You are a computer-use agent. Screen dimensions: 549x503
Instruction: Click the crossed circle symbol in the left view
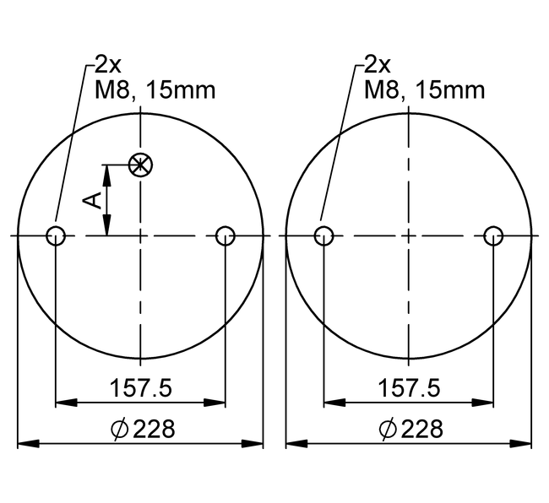[140, 165]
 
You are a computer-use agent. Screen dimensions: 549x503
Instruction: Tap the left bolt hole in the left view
[56, 236]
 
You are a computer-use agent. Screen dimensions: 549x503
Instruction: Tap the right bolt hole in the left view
[226, 236]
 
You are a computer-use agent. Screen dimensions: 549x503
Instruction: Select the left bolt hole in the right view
[323, 236]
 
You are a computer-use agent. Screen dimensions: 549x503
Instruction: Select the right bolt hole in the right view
[493, 236]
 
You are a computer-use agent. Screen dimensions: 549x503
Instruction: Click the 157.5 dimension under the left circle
[141, 388]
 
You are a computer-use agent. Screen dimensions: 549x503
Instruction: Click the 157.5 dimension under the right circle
[409, 388]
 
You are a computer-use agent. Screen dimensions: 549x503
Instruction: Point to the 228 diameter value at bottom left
[154, 429]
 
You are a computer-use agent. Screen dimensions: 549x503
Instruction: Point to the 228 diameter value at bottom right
[421, 429]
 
